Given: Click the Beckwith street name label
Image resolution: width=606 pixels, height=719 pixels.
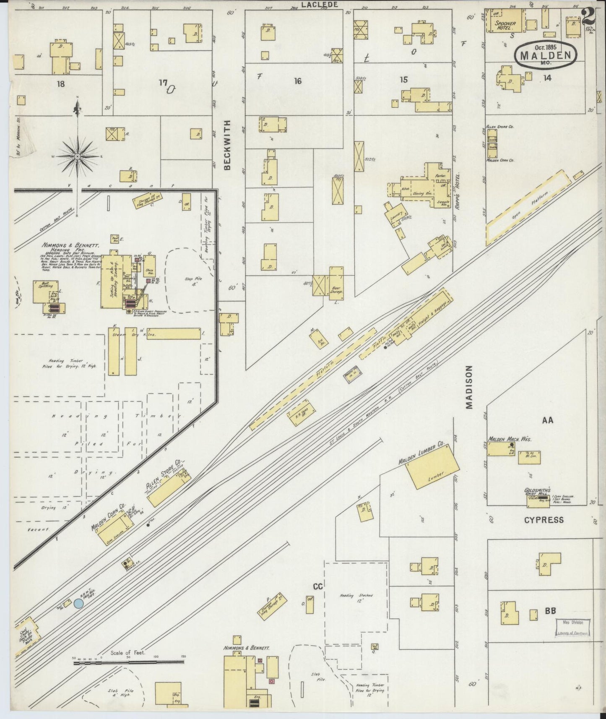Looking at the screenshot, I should [x=228, y=145].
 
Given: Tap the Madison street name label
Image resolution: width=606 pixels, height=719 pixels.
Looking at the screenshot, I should [x=468, y=386].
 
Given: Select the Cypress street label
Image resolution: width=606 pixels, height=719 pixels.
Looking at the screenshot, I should [x=544, y=520].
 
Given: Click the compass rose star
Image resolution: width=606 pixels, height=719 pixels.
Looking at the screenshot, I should [x=78, y=156].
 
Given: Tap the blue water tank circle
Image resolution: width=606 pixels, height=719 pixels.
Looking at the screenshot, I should [x=78, y=604].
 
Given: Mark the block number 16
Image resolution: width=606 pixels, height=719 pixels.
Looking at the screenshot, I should [x=297, y=81].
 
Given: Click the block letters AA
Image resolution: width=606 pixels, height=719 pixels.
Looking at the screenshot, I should [x=547, y=420].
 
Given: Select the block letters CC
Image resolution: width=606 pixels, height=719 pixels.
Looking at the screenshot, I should [x=317, y=586].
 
